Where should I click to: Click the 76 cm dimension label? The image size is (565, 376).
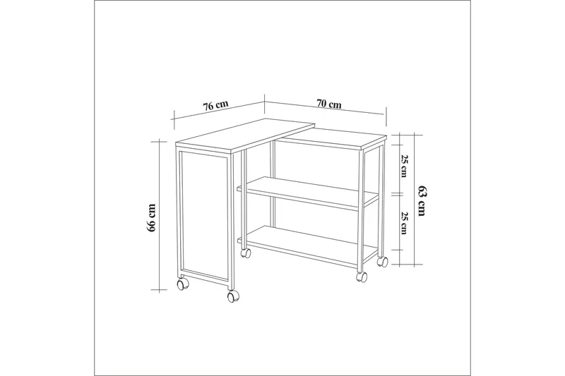coord(215,107)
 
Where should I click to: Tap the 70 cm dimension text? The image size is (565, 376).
coord(329,104)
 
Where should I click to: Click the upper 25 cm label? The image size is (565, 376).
coord(403,166)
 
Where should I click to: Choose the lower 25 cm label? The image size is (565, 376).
coord(403,223)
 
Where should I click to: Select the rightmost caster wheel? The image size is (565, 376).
coord(382,262)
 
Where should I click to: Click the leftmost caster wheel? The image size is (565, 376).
coord(182,284)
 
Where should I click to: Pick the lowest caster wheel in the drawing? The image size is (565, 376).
coord(232,297)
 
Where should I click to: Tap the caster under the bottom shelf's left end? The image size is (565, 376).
coord(246,251)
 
